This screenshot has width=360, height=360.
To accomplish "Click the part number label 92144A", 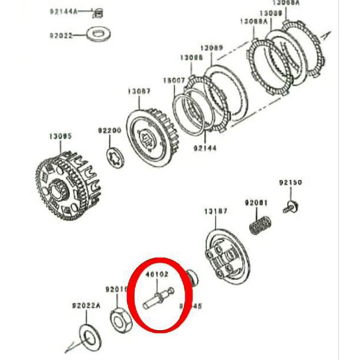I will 63,12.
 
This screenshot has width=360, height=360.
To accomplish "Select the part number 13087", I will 139,91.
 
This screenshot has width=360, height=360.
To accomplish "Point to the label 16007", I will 174,81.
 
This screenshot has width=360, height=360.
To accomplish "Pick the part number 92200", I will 110,131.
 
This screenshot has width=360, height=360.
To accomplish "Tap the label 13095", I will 60,135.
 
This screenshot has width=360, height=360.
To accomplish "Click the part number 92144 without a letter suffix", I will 205,147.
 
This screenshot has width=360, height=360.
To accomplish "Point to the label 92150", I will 290,183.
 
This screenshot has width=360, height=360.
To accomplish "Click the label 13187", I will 216,211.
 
